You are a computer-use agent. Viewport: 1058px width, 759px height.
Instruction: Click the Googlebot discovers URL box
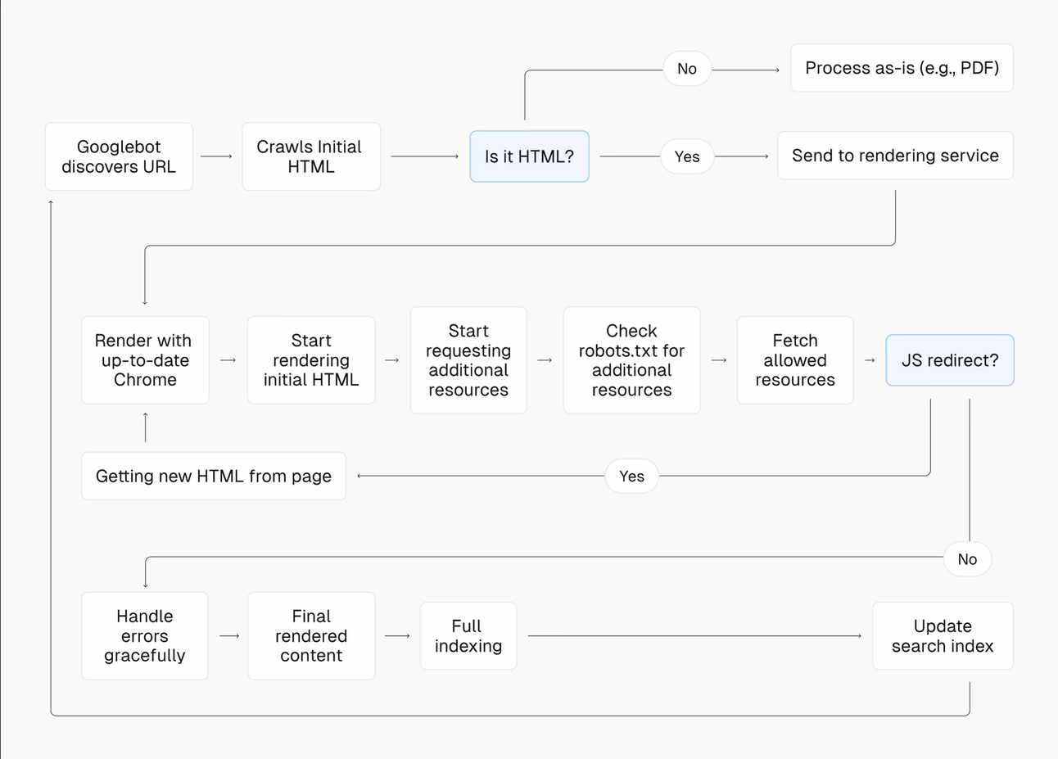point(119,156)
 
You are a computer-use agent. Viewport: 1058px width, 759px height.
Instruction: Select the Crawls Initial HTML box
point(310,156)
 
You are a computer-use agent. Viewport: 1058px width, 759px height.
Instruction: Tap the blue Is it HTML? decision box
point(529,156)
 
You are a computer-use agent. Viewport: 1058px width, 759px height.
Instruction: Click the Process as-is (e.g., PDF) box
point(902,68)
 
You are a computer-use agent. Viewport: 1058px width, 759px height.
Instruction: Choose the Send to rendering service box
point(895,156)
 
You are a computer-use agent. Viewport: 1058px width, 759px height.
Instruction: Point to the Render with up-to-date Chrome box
point(145,360)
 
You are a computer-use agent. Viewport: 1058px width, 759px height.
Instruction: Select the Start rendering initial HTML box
point(311,360)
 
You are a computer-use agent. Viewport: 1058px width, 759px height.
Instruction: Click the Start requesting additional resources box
point(468,360)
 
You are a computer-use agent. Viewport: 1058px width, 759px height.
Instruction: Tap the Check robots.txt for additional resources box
point(631,360)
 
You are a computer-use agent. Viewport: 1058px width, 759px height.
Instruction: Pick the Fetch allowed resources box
point(795,360)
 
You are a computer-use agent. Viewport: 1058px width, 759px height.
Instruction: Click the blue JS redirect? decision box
point(950,360)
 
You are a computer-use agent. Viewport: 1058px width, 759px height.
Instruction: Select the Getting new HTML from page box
point(214,476)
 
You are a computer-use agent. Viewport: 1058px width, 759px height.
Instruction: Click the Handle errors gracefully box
point(145,636)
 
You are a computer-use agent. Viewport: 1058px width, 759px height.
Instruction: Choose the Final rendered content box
point(311,636)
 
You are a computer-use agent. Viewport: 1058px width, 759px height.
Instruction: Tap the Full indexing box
point(468,636)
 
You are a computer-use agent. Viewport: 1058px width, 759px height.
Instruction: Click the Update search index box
point(943,636)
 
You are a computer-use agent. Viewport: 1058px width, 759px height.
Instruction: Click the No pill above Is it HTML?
point(687,69)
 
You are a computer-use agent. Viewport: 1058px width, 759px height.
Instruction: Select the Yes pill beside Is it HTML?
point(687,156)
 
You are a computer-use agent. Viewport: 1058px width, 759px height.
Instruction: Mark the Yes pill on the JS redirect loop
point(631,476)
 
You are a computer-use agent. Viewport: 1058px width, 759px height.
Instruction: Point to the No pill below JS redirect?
point(967,559)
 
